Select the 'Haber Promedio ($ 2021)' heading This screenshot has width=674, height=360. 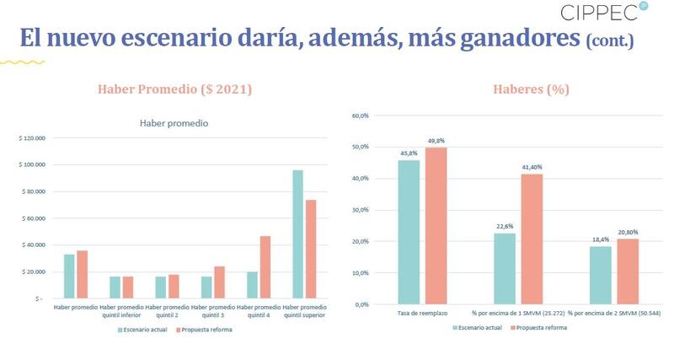click(x=174, y=89)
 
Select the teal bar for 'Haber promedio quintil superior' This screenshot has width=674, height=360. click(x=297, y=234)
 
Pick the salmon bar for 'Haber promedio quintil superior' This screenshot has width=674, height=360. click(x=310, y=249)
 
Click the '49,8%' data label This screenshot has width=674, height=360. click(x=436, y=141)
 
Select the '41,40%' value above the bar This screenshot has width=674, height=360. click(x=532, y=167)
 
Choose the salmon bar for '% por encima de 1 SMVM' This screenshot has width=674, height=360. click(x=532, y=239)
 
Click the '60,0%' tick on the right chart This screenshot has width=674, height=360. click(x=361, y=116)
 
